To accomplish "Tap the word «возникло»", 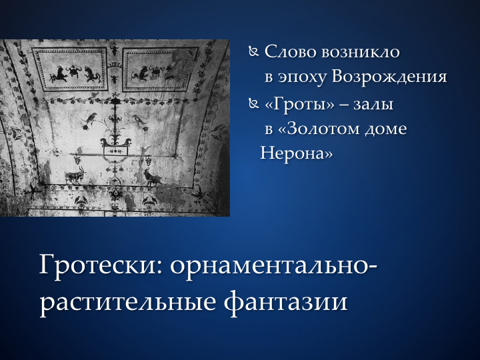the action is pyautogui.click(x=361, y=51).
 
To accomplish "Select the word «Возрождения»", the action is pyautogui.click(x=389, y=77).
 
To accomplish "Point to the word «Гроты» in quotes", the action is pyautogui.click(x=299, y=105).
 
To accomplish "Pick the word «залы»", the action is pyautogui.click(x=373, y=105).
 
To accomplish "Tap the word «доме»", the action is pyautogui.click(x=386, y=129).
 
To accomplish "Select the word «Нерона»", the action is pyautogui.click(x=296, y=153).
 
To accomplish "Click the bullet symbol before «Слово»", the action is pyautogui.click(x=253, y=52).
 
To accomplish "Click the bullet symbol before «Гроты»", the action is pyautogui.click(x=253, y=104).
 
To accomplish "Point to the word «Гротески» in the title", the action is pyautogui.click(x=101, y=265).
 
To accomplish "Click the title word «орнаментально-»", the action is pyautogui.click(x=274, y=266).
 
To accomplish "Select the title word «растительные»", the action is pyautogui.click(x=128, y=302).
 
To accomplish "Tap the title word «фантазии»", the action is pyautogui.click(x=285, y=302).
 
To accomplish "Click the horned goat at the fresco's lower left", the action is pyautogui.click(x=75, y=175).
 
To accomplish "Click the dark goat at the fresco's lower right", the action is pyautogui.click(x=152, y=177).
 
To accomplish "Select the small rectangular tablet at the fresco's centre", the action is pyautogui.click(x=115, y=151).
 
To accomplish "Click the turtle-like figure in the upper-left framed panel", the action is pyautogui.click(x=74, y=71).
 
